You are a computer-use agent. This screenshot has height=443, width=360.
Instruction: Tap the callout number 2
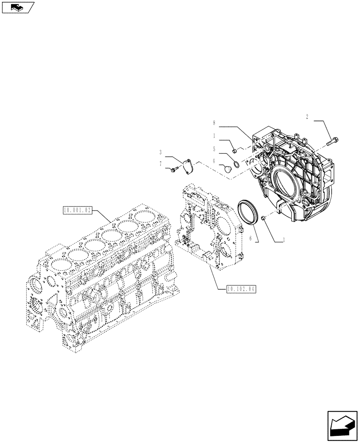pos(307,117)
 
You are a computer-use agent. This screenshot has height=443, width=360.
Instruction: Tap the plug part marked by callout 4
pos(228,169)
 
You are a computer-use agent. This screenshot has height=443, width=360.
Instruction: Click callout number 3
pos(160,152)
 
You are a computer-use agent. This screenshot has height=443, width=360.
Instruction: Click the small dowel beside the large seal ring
pos(263,218)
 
